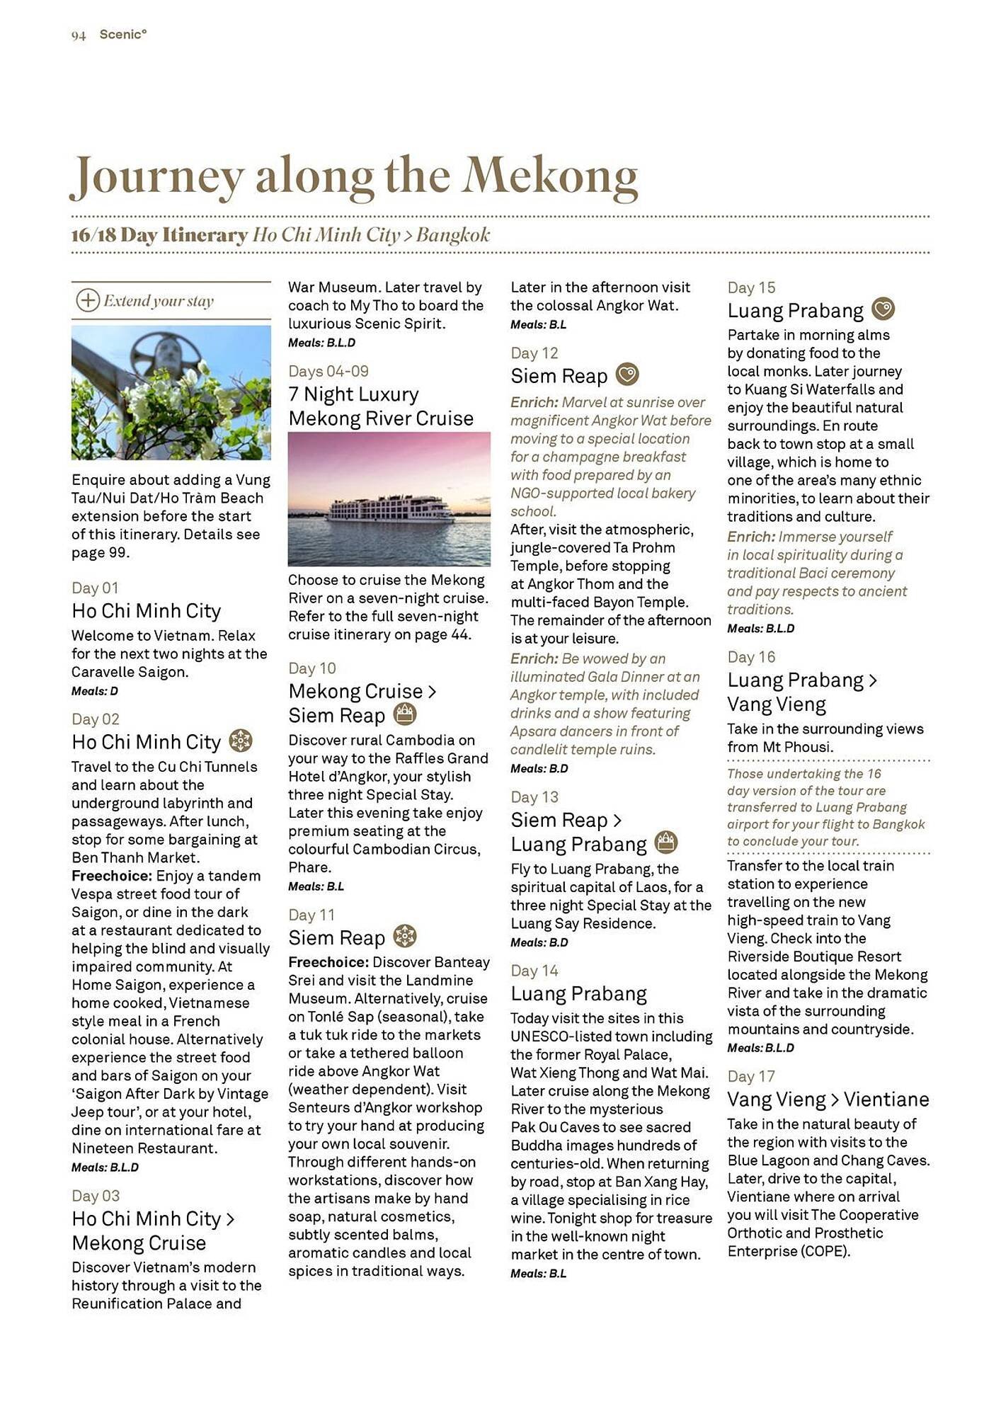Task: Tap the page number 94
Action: (79, 35)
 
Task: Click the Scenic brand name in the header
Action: (122, 34)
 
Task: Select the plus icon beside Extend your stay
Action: (87, 300)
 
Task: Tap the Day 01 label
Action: (95, 588)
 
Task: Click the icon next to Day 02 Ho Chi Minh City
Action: (241, 741)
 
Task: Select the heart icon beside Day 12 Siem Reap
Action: (627, 374)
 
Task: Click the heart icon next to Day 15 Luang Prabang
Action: (883, 309)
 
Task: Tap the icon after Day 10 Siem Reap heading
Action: (404, 714)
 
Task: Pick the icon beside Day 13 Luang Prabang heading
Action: (665, 843)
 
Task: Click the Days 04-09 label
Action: (328, 371)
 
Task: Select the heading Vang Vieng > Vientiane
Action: (828, 1100)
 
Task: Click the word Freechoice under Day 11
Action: (328, 962)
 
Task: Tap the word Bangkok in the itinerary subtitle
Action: (453, 235)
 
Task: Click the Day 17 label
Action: (751, 1076)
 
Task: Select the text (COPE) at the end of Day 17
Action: (825, 1251)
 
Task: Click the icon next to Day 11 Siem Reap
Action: (404, 936)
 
